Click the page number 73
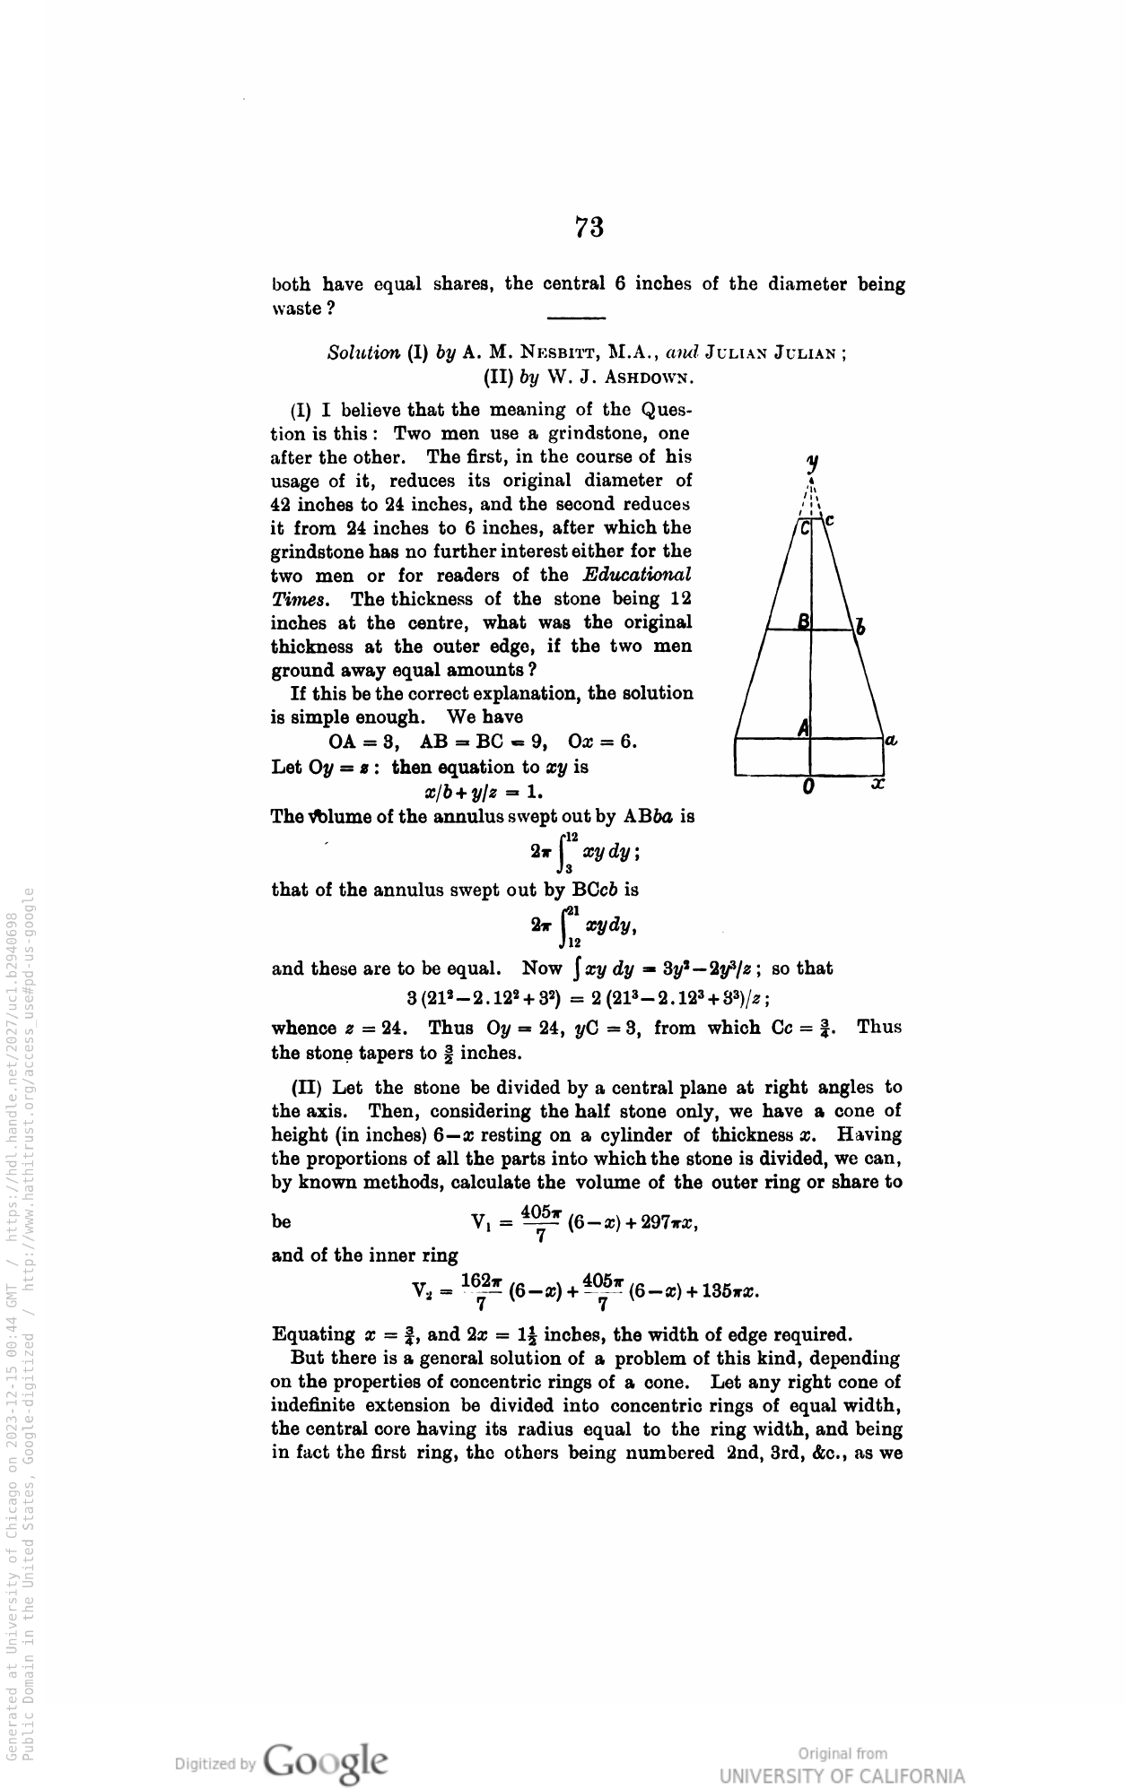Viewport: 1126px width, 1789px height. coord(589,228)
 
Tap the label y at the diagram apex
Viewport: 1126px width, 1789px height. coord(812,463)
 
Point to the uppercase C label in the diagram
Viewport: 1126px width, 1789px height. coord(805,530)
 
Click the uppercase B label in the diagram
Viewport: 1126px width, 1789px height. coord(804,621)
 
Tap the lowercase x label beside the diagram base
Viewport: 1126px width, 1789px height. coord(878,784)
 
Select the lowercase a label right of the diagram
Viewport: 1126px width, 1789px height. coord(892,740)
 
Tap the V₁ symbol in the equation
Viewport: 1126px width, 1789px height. coord(484,1220)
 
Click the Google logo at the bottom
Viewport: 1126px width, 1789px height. coord(327,1759)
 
